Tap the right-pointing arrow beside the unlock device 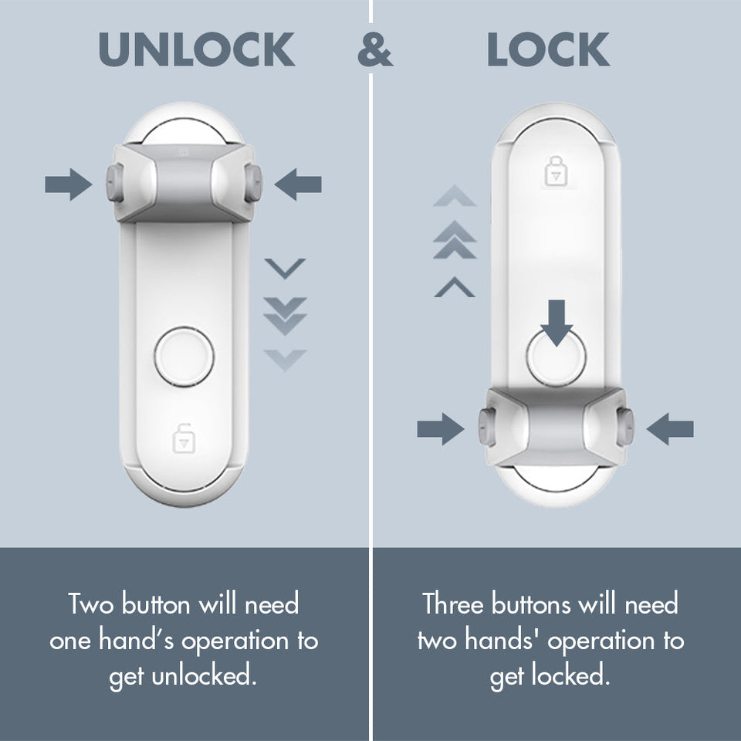(68, 184)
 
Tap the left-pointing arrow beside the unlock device (298, 184)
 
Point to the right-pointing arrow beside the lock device (441, 429)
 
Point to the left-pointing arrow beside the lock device (669, 429)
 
